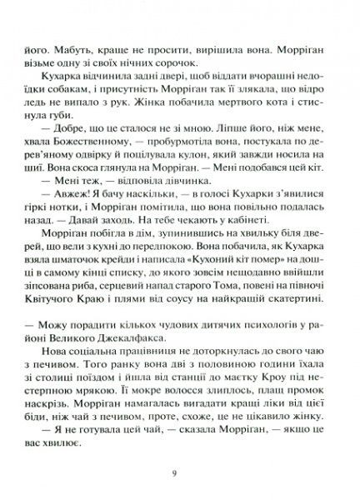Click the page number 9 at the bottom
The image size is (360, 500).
click(172, 474)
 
